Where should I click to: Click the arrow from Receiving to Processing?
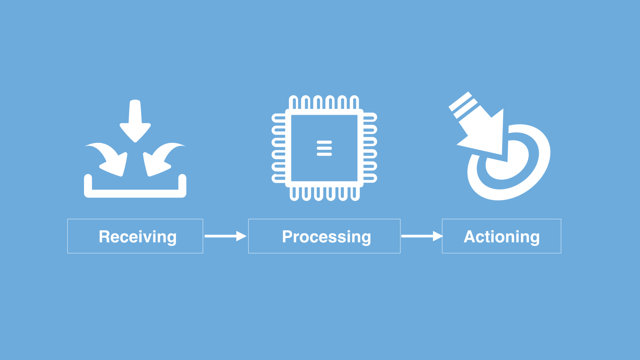coord(225,236)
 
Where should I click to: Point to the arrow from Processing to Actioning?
coord(422,236)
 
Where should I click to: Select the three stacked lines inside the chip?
coord(324,148)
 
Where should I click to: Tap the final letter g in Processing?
coord(366,239)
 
